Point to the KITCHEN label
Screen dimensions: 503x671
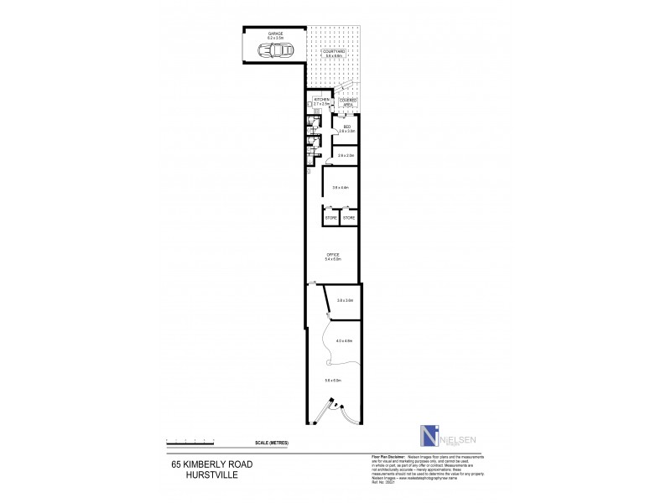[x=321, y=101]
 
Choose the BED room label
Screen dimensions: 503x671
[x=346, y=127]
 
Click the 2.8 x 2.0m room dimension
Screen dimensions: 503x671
[x=346, y=155]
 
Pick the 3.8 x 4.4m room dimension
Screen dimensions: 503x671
[x=341, y=186]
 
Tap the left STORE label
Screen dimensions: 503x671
[x=330, y=218]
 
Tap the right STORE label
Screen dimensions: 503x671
[x=349, y=218]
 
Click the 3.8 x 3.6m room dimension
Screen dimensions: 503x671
[x=345, y=300]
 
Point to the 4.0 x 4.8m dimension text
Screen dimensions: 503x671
[x=343, y=340]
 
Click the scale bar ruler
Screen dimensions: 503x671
[x=190, y=440]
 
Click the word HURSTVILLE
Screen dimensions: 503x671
[x=195, y=472]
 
